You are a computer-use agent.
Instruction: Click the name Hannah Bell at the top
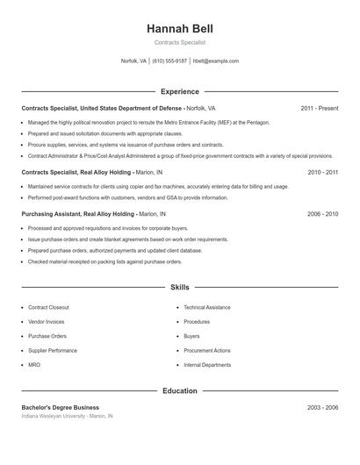tap(180, 29)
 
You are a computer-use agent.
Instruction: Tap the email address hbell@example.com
tap(215, 61)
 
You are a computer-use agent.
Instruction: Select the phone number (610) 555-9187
tap(169, 61)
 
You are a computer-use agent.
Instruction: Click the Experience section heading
tap(180, 91)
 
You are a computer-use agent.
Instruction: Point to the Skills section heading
tap(180, 287)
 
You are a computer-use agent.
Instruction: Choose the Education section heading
tap(180, 390)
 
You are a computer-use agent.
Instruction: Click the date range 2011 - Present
tap(319, 108)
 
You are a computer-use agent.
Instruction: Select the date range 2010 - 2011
tap(322, 173)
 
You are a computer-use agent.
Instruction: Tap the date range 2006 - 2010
tap(322, 214)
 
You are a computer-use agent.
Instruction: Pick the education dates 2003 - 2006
tap(322, 407)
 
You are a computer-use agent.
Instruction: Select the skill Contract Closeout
tap(48, 308)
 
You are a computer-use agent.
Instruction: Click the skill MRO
tap(34, 364)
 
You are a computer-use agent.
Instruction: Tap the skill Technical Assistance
tap(207, 308)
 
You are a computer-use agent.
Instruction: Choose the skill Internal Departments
tap(207, 364)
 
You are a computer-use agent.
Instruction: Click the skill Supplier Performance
tap(53, 350)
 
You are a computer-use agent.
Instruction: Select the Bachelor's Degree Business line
tap(60, 407)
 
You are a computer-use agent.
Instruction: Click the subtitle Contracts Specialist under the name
tap(180, 42)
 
